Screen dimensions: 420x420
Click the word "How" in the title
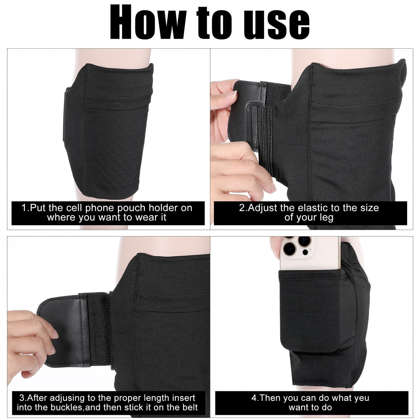(148, 22)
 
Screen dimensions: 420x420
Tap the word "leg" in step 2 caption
(325, 218)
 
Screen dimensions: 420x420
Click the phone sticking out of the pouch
(310, 253)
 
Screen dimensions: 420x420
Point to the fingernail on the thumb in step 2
(231, 95)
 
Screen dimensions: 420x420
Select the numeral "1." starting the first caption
(26, 208)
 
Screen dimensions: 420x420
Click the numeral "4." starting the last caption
(255, 398)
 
